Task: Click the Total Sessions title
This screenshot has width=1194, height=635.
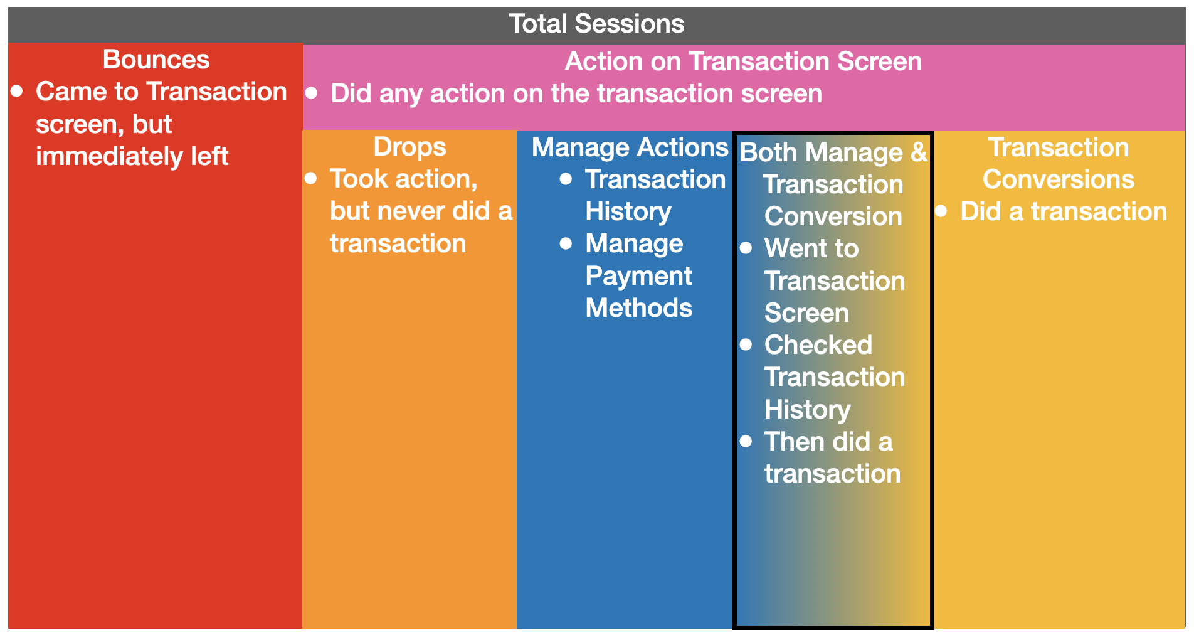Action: (x=596, y=24)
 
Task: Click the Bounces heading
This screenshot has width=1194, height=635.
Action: (x=156, y=60)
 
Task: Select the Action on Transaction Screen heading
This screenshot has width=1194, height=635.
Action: (x=743, y=61)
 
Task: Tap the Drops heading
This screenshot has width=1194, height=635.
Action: (x=409, y=147)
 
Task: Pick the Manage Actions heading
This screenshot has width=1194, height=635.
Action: (x=630, y=147)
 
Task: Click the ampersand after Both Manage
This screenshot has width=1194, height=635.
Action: (x=919, y=152)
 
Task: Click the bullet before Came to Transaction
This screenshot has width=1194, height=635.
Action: (x=17, y=92)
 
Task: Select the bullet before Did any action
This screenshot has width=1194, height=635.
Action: (x=312, y=93)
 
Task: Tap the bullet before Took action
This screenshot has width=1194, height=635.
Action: (x=311, y=178)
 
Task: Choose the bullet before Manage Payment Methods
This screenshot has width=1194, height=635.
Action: (x=566, y=243)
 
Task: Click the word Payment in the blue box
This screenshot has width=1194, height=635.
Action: (x=638, y=276)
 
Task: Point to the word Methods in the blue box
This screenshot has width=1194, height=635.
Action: (x=638, y=308)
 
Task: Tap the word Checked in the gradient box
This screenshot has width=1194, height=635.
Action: (x=818, y=345)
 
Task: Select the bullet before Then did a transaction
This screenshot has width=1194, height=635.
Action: (x=746, y=441)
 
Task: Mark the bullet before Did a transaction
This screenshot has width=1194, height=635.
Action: (x=941, y=211)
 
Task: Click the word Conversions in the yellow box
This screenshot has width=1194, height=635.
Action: (x=1059, y=179)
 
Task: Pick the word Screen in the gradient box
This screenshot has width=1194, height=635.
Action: (x=806, y=313)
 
